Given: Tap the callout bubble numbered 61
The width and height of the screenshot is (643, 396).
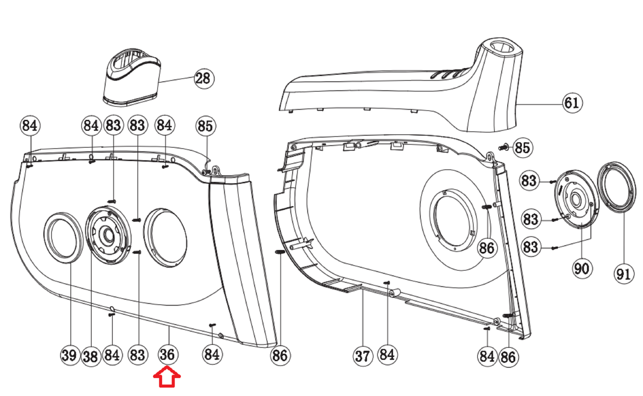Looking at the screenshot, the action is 572,103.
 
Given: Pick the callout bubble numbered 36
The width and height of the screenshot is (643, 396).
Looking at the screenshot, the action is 168,355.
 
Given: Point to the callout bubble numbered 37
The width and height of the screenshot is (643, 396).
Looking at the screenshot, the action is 362,356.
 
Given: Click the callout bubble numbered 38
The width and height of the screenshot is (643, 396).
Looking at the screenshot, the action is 91,356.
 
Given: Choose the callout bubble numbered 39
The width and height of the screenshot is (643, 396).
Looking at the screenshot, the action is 69,355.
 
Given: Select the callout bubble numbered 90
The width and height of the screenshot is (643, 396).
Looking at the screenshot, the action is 582,269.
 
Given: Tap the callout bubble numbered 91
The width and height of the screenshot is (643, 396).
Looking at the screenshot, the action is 623,274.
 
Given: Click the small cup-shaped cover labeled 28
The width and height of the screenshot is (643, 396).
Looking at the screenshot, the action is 132,79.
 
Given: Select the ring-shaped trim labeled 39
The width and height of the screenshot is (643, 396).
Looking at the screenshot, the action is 63,237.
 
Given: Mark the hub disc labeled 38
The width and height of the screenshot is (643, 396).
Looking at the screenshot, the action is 108,235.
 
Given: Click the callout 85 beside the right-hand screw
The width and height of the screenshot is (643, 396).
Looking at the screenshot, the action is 522,148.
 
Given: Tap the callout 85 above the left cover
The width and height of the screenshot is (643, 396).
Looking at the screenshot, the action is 206,126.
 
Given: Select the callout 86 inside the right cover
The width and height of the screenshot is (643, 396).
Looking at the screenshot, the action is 487,248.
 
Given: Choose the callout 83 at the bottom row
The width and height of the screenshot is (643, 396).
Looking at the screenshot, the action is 138,355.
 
